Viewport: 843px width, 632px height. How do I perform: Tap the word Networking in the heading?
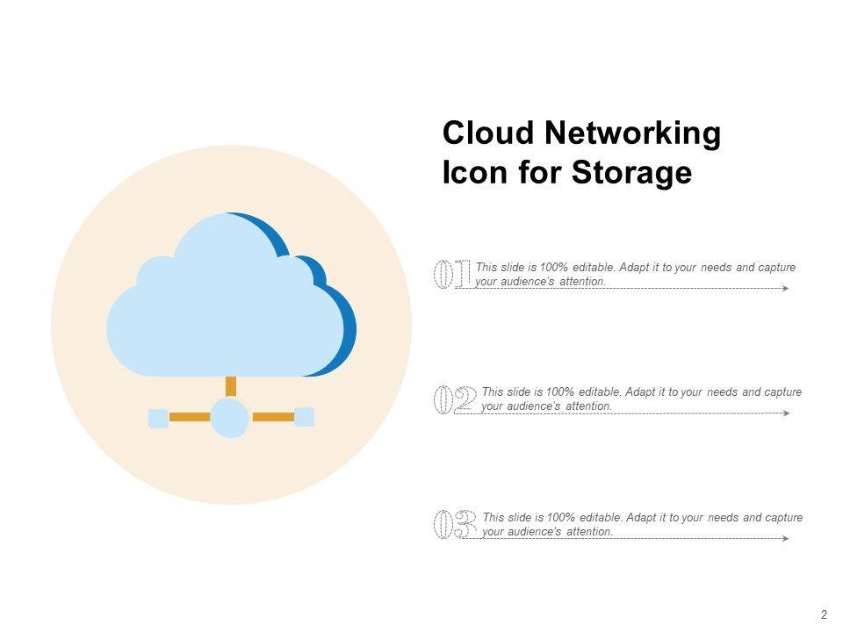pos(632,134)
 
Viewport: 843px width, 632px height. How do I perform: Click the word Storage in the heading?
pos(632,174)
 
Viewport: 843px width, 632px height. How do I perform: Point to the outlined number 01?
pos(451,274)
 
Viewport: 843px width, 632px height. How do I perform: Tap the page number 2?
pos(824,614)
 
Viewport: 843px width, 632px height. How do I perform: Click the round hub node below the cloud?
pos(230,418)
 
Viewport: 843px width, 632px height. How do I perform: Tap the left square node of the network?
pos(158,418)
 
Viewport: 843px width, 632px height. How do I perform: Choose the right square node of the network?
pos(304,417)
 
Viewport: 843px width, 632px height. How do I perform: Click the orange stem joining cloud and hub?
pos(231,386)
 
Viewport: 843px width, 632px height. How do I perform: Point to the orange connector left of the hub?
pos(190,418)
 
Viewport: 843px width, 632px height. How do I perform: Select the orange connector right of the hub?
pos(273,418)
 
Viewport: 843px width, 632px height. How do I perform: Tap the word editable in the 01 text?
pos(593,268)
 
